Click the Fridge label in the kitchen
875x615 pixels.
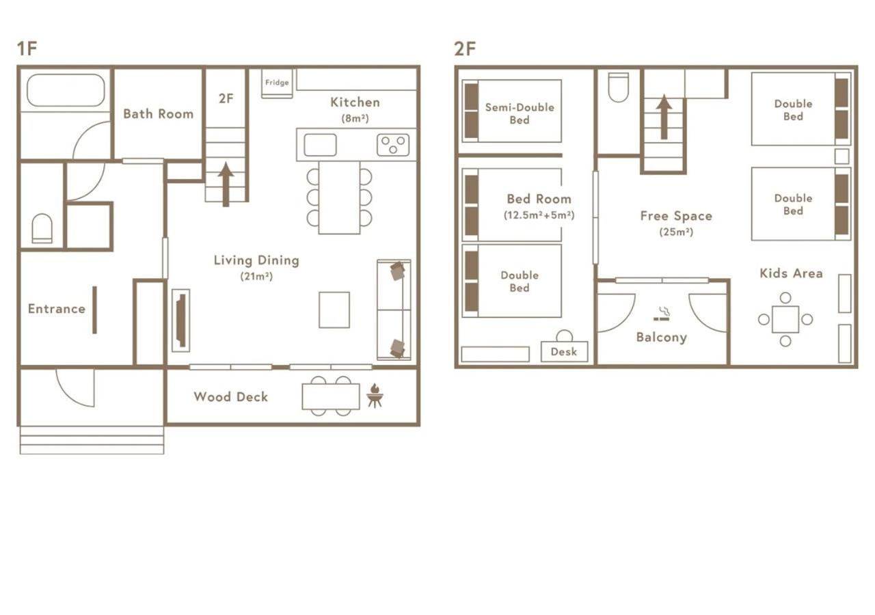click(x=277, y=83)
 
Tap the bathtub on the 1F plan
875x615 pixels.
click(x=66, y=90)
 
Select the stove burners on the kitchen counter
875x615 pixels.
click(x=393, y=145)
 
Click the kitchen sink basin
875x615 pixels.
click(x=321, y=145)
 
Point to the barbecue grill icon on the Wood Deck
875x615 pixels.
click(x=375, y=395)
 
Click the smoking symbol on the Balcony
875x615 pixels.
click(x=661, y=314)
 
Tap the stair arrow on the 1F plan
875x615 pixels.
click(x=226, y=184)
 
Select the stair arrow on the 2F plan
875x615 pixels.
click(x=664, y=117)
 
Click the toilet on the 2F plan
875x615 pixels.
click(x=619, y=87)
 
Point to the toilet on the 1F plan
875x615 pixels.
click(x=42, y=228)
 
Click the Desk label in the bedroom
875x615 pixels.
click(x=564, y=352)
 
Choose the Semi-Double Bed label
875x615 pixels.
click(x=520, y=113)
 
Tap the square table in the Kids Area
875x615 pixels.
click(x=785, y=319)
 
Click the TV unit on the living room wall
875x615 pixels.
click(x=181, y=320)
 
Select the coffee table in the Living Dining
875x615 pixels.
click(x=334, y=310)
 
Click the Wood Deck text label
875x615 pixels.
click(x=231, y=397)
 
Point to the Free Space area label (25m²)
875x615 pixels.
click(x=676, y=223)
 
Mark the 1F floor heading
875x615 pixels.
click(x=27, y=49)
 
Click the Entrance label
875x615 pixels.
click(x=57, y=310)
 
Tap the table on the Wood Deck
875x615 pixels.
click(x=331, y=396)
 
